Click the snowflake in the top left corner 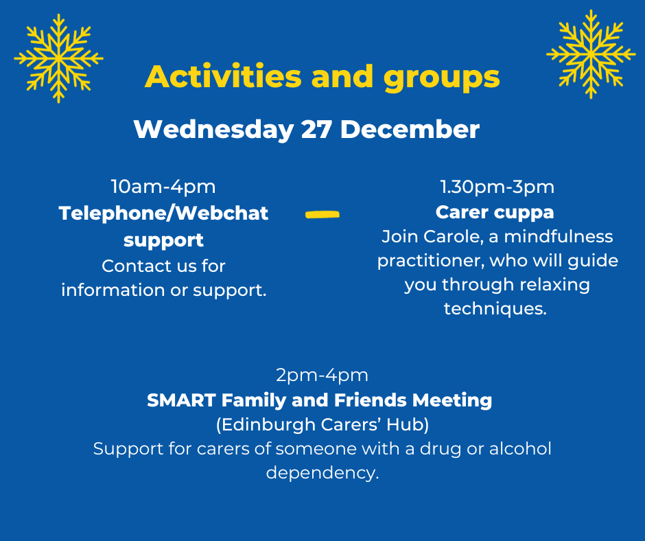[x=58, y=58]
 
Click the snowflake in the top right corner [x=591, y=54]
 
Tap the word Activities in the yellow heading [x=224, y=77]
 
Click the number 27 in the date [x=316, y=130]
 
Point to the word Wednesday [x=213, y=130]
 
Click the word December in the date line [x=410, y=130]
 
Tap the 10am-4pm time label [x=163, y=187]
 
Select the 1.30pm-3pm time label [x=497, y=187]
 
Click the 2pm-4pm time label [x=322, y=375]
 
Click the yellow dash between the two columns [x=322, y=214]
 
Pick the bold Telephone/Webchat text [x=163, y=214]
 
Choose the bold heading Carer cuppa [x=495, y=213]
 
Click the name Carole [x=454, y=237]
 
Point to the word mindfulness [x=559, y=237]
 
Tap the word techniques [x=495, y=309]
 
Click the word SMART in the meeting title [x=181, y=400]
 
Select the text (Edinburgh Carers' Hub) [x=322, y=424]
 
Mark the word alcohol [x=520, y=448]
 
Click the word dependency [x=322, y=473]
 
